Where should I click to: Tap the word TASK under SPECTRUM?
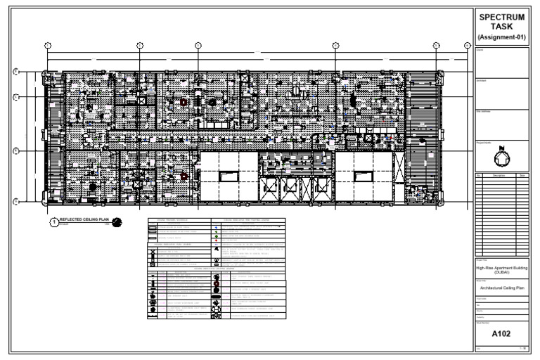coord(502,26)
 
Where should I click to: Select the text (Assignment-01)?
coord(502,37)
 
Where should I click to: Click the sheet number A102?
coord(502,333)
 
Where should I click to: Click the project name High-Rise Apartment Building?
coord(502,269)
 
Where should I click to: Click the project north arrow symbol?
coord(501,156)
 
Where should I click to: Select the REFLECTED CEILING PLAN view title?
coord(81,220)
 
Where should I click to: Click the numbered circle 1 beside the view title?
coord(53,222)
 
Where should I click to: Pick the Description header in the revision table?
coord(499,175)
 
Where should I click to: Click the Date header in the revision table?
coord(522,175)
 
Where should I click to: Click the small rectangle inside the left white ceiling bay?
coord(229,176)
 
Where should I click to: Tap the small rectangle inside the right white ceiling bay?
coord(363,176)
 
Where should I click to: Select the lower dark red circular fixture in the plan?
coord(184,176)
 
